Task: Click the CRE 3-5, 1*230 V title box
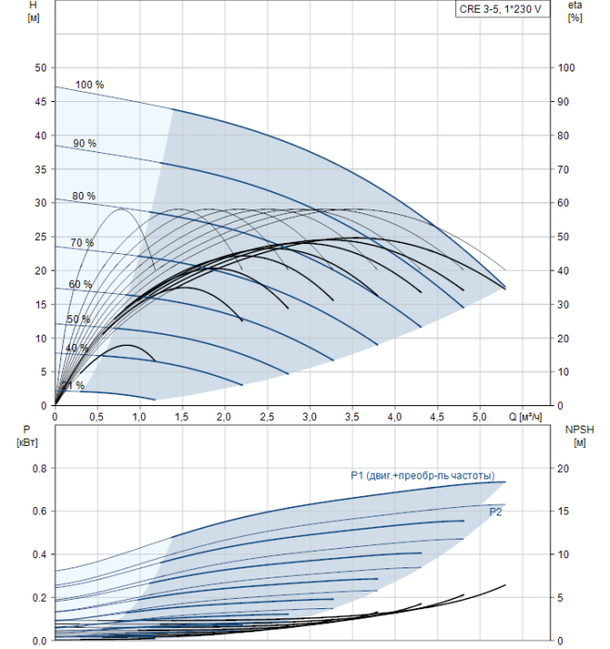click(x=502, y=9)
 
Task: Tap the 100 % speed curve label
click(x=89, y=84)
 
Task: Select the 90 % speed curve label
click(x=85, y=143)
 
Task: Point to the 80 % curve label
click(x=83, y=196)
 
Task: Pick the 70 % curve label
click(x=82, y=243)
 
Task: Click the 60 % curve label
click(x=81, y=285)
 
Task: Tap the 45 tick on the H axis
click(x=41, y=101)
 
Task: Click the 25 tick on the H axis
click(x=41, y=236)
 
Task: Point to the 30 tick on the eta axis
click(x=564, y=305)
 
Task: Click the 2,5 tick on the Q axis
click(x=267, y=417)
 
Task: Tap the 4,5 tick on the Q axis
click(x=437, y=417)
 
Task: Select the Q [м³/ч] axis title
click(x=525, y=416)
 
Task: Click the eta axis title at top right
click(x=575, y=11)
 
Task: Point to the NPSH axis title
click(x=579, y=437)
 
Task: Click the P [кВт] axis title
click(x=27, y=437)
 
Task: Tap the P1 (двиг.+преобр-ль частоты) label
click(x=423, y=476)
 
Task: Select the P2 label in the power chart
click(x=495, y=512)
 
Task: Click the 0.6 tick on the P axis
click(x=40, y=511)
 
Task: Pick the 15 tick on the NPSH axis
click(x=564, y=511)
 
